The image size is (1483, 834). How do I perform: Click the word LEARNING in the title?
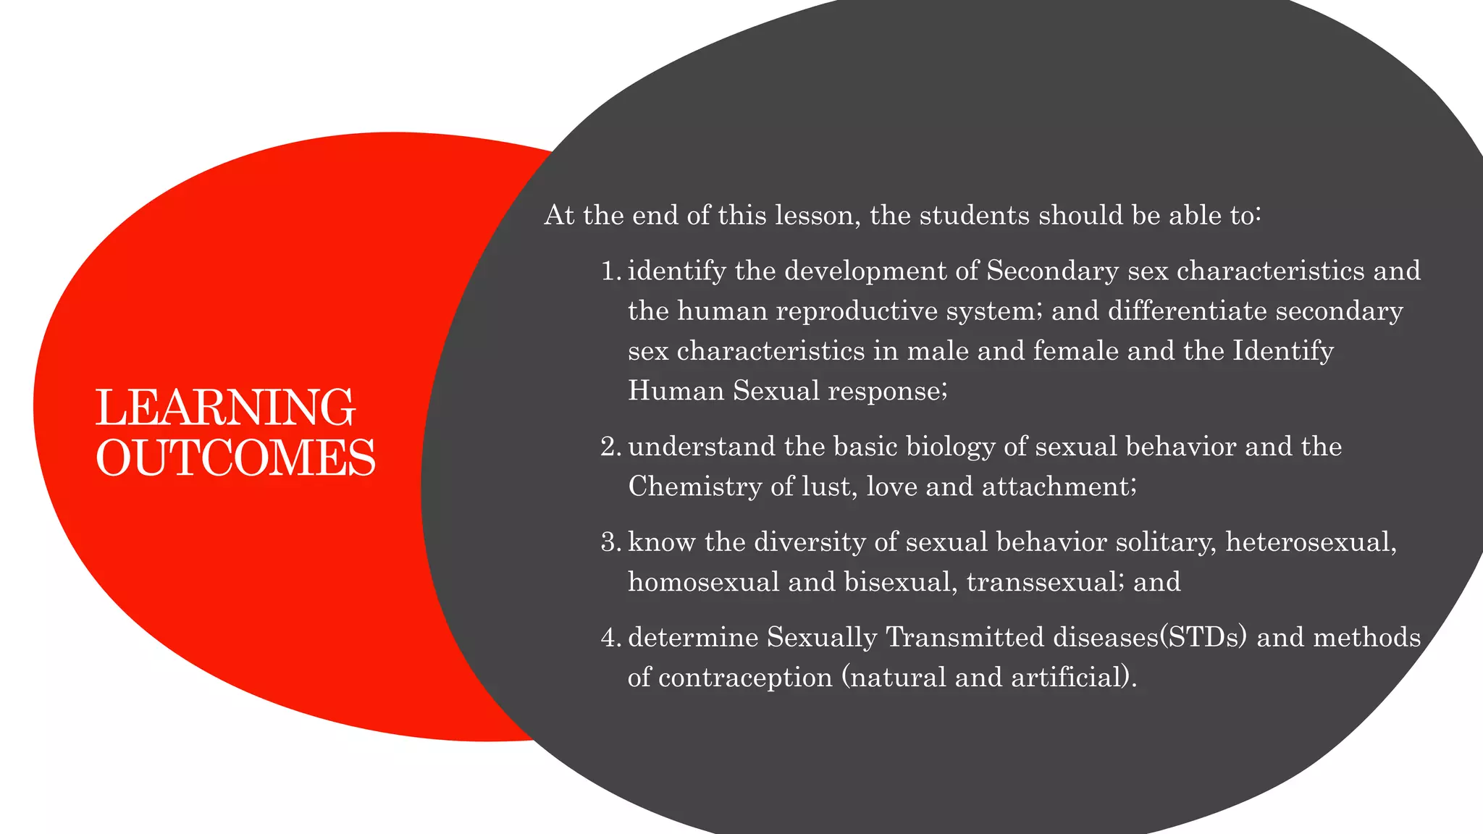click(x=225, y=408)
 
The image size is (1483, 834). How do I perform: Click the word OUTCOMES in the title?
click(x=235, y=458)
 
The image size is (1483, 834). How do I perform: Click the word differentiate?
click(x=1187, y=311)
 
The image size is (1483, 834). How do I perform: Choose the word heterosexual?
click(x=1311, y=542)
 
